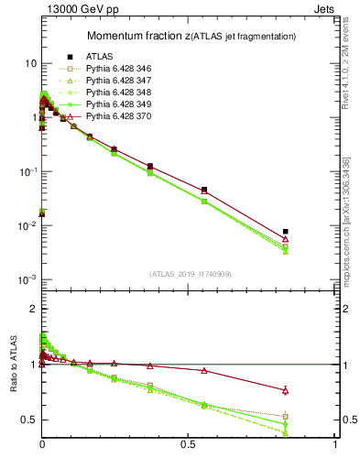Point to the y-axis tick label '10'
click(30, 63)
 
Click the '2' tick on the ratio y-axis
click(32, 310)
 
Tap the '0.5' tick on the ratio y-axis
click(27, 420)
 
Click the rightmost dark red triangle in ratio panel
click(286, 390)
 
